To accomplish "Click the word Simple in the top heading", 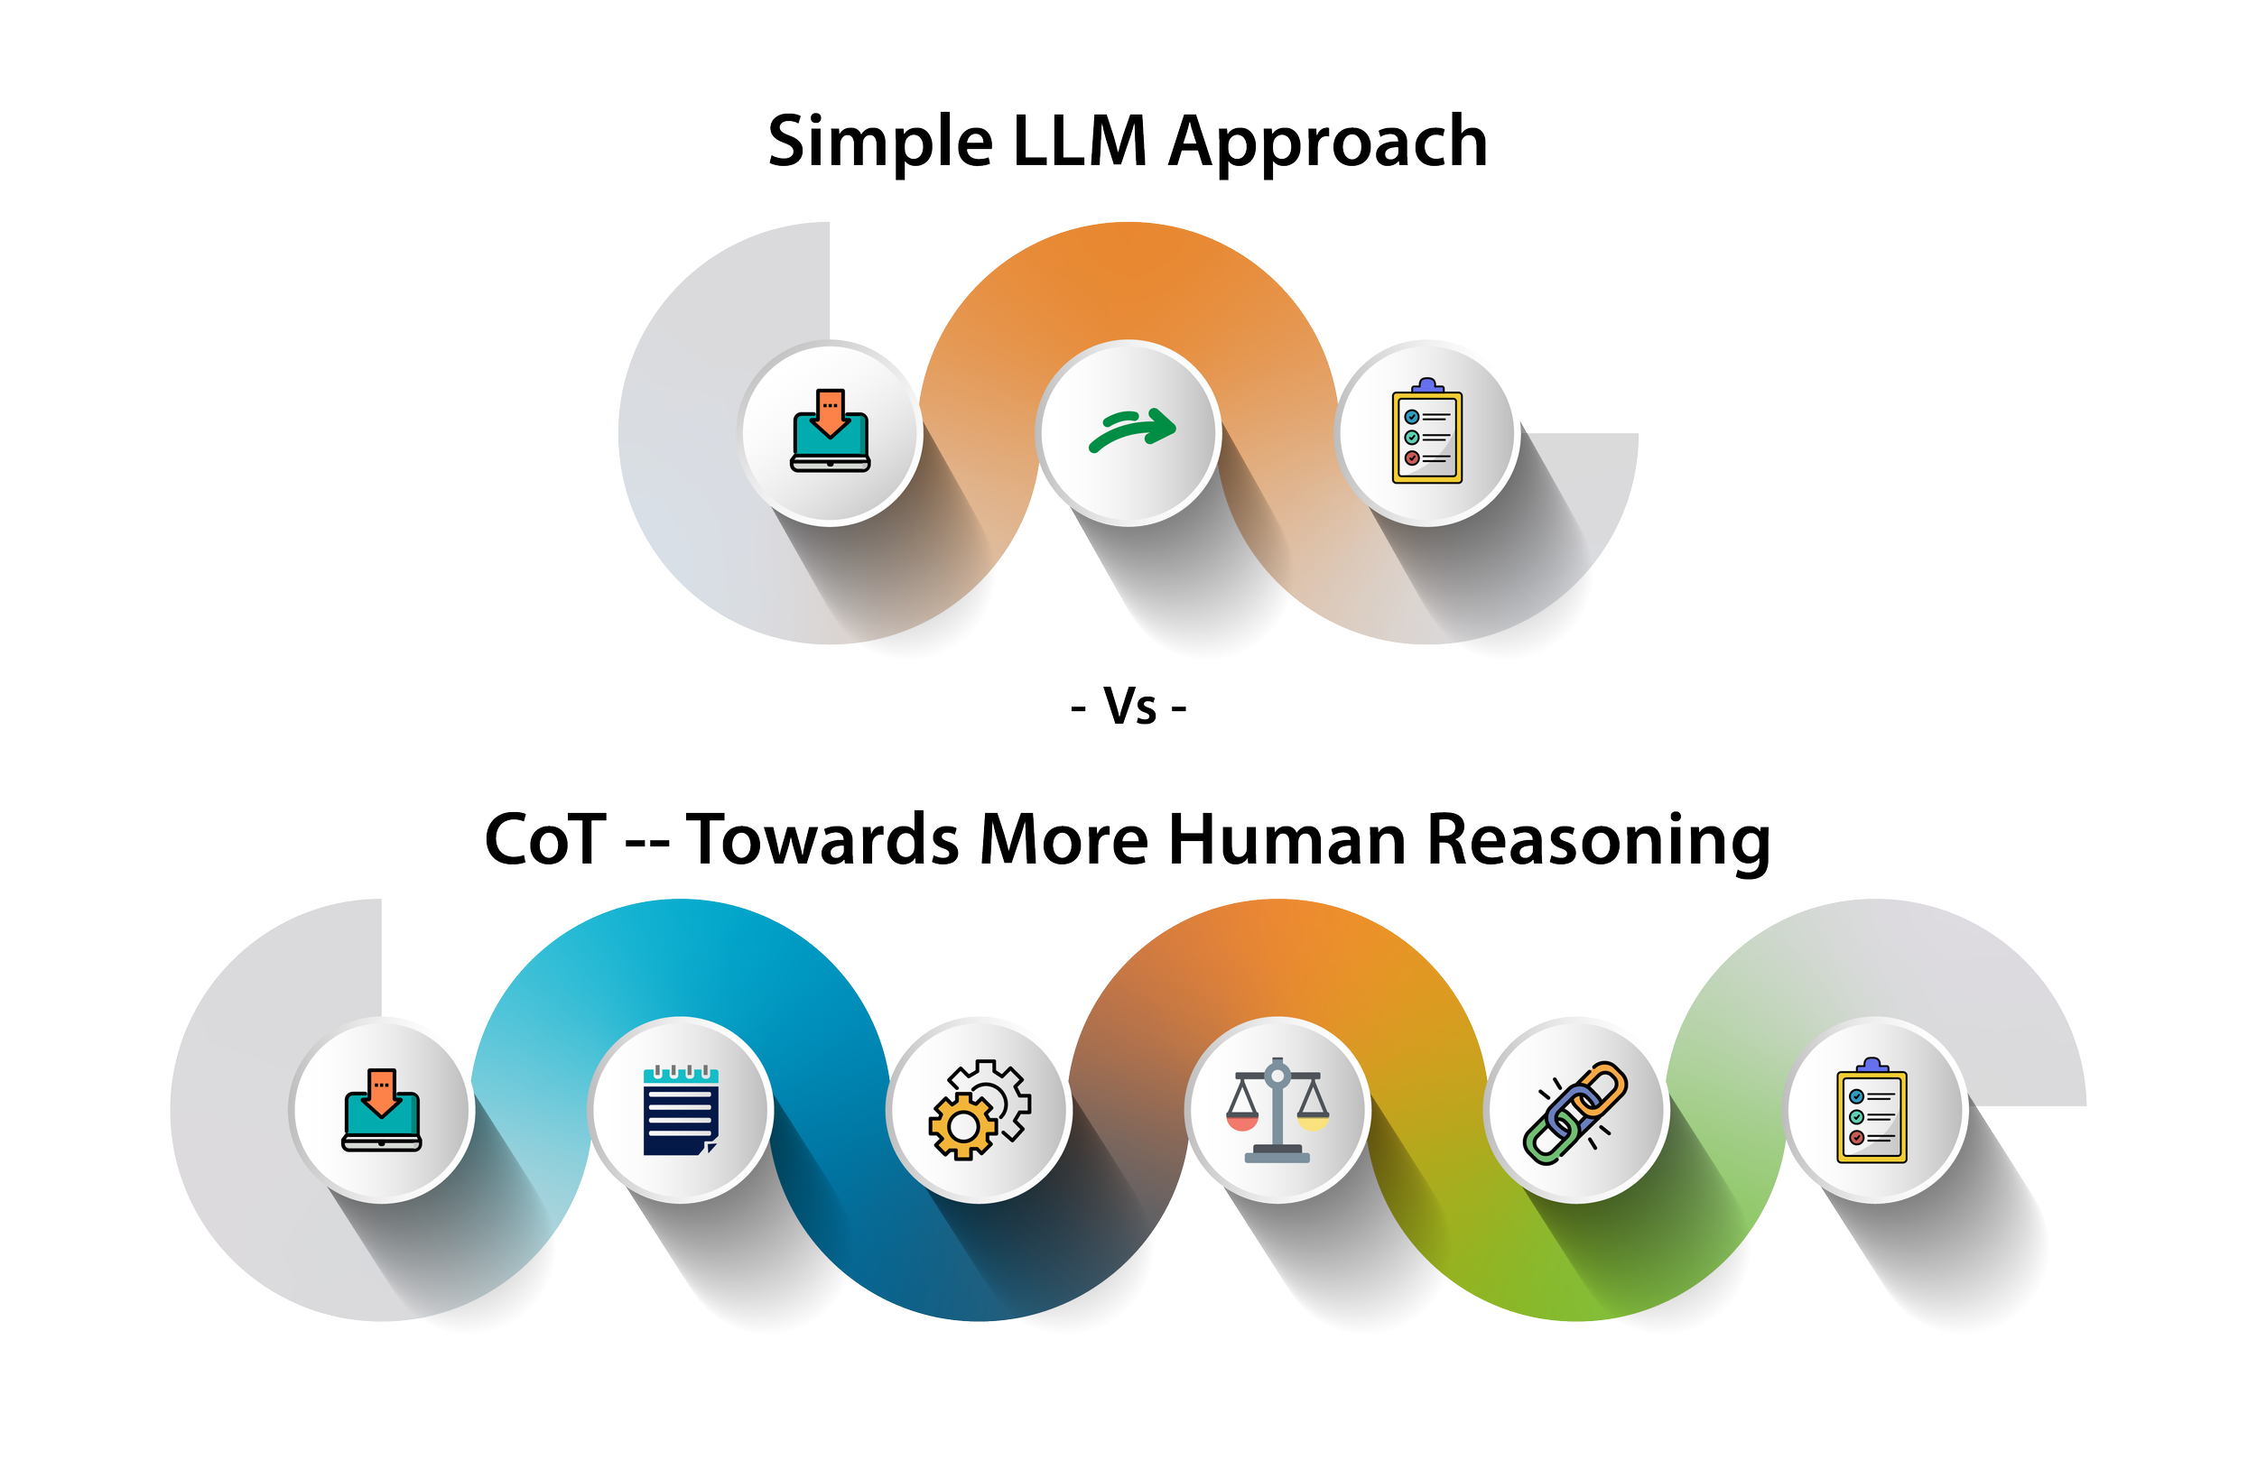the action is [879, 143].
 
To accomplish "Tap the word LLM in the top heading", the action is [1080, 143].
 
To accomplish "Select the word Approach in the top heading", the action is [1327, 143].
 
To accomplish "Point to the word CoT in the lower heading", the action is [545, 840].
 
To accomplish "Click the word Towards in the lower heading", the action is [822, 840].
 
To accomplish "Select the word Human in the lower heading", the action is [1286, 840].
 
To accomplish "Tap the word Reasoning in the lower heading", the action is [1598, 840].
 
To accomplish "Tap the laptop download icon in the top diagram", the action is [830, 431].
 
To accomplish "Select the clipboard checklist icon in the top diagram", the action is [1426, 432].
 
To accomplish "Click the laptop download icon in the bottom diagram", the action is [381, 1110].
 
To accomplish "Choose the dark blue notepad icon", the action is [680, 1110].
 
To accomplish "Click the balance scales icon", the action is [1277, 1110].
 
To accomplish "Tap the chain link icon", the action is [1575, 1112].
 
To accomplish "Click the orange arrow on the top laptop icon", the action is [830, 411].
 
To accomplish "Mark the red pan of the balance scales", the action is [1241, 1122].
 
